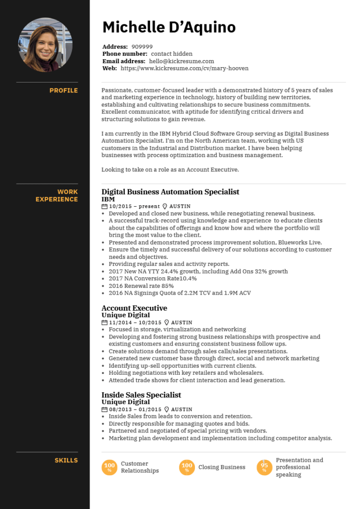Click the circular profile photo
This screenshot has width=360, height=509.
45,45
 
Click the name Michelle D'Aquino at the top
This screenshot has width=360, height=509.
169,27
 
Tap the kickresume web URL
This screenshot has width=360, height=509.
184,68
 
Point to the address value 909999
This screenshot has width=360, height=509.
142,47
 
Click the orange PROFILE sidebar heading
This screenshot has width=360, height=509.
64,90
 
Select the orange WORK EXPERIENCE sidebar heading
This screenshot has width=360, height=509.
57,195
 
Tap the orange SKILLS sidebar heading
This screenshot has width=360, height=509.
66,460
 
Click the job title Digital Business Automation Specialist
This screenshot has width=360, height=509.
170,192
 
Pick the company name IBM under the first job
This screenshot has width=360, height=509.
108,199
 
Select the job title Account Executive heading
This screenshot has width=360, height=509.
134,308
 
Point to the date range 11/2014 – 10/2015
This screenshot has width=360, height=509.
135,323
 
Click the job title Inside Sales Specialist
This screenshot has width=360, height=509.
141,395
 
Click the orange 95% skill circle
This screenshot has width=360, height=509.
265,467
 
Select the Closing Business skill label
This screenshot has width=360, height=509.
222,467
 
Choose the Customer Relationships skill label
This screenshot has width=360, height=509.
140,467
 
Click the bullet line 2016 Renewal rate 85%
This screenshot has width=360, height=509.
141,286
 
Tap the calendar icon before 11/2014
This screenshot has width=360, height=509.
104,323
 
